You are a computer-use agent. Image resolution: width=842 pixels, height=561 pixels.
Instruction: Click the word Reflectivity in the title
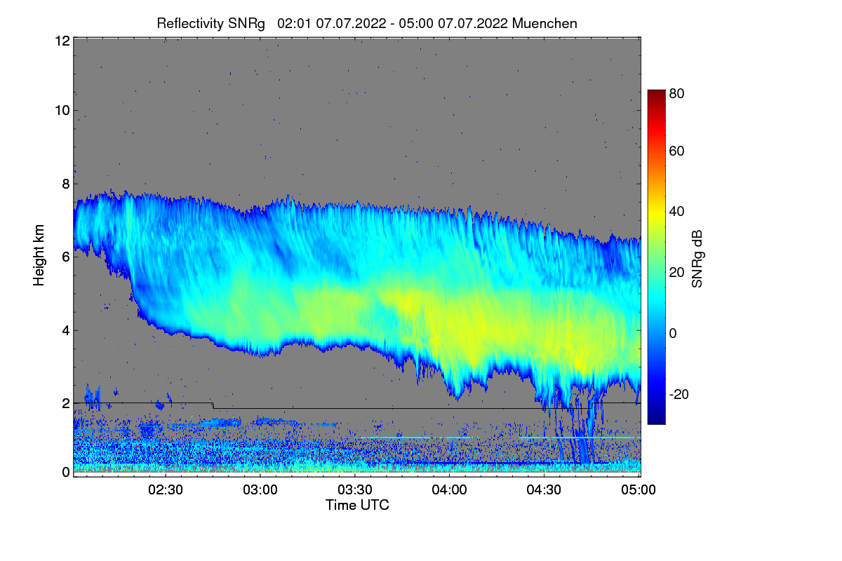pyautogui.click(x=192, y=23)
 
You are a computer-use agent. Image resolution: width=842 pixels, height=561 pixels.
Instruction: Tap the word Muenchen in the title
pyautogui.click(x=544, y=23)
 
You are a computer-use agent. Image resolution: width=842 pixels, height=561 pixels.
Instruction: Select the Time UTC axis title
pyautogui.click(x=357, y=505)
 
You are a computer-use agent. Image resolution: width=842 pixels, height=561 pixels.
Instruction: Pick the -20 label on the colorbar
pyautogui.click(x=679, y=395)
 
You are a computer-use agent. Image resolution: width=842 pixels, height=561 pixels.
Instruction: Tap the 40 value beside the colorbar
pyautogui.click(x=677, y=212)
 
